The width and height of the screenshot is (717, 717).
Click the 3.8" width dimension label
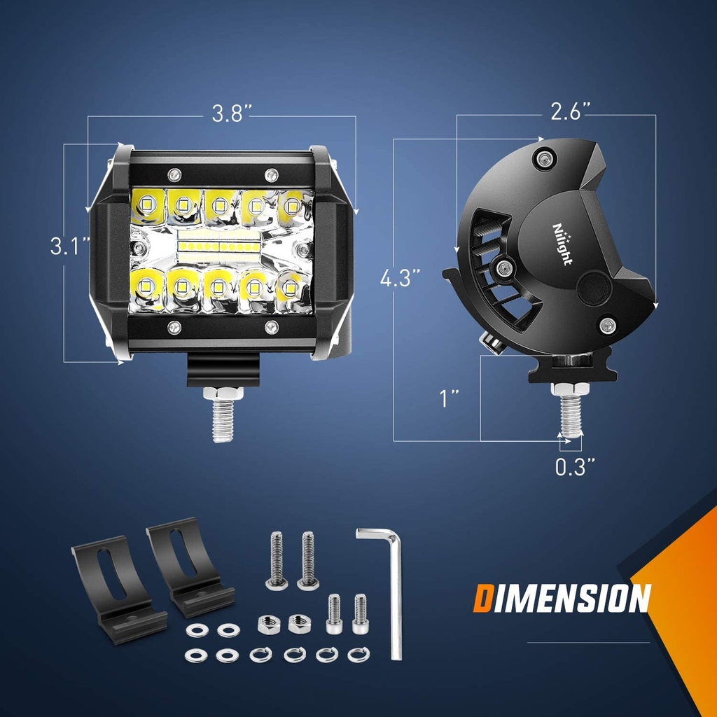[228, 114]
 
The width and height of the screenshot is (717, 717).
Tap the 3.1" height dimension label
[70, 246]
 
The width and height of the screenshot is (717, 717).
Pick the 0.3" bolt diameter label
[576, 467]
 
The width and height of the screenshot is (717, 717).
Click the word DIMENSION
[562, 599]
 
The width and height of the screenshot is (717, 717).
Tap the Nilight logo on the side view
[562, 244]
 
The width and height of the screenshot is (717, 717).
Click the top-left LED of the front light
[147, 204]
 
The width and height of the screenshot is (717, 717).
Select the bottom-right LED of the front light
[290, 287]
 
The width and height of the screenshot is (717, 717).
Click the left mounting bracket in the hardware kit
[116, 588]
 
